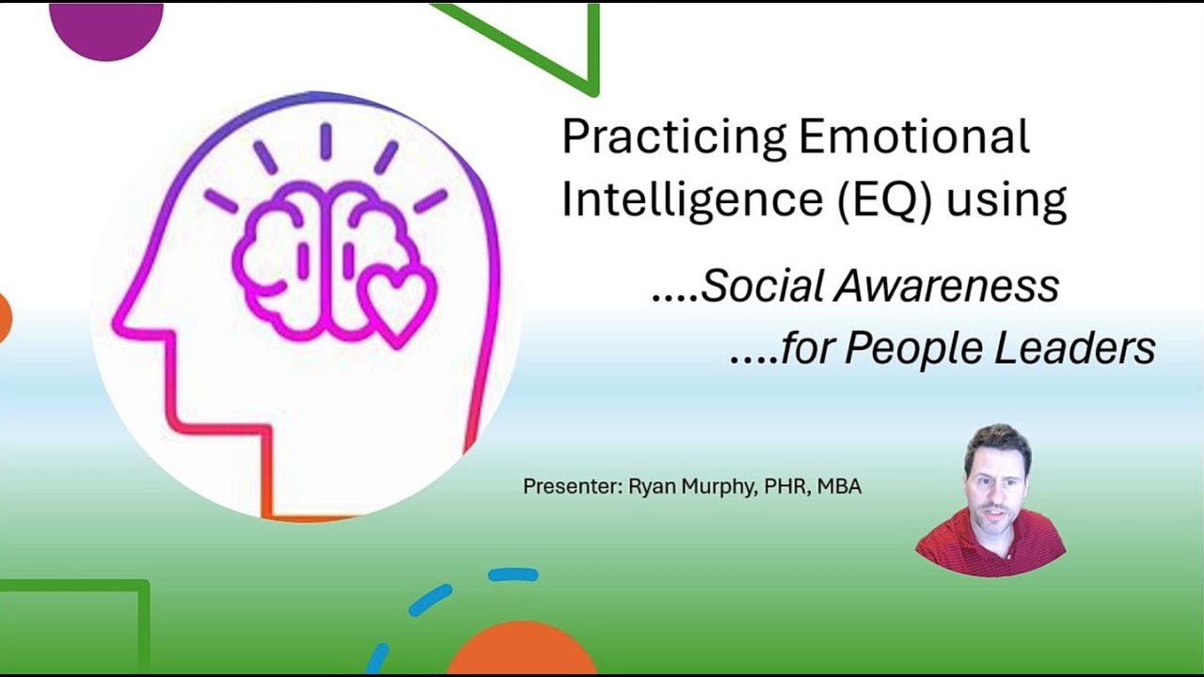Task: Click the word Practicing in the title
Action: click(673, 138)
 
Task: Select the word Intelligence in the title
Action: click(677, 199)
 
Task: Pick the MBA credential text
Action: click(839, 487)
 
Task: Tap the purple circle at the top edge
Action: click(105, 28)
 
